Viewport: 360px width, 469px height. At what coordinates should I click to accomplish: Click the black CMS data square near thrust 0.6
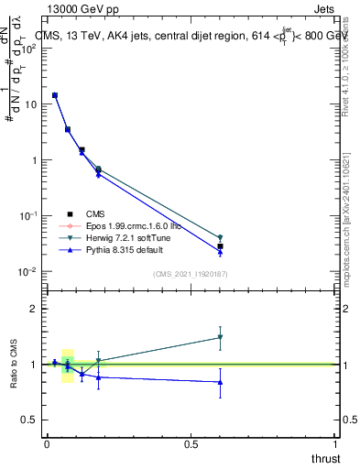pyautogui.click(x=221, y=246)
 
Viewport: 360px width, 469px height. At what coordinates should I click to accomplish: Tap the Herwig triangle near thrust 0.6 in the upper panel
pyautogui.click(x=221, y=238)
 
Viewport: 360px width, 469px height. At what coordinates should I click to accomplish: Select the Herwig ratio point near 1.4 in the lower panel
pyautogui.click(x=221, y=337)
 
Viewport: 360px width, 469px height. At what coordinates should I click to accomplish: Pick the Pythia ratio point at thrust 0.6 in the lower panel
pyautogui.click(x=221, y=382)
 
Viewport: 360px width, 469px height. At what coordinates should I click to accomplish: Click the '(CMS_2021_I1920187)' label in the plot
pyautogui.click(x=191, y=275)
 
